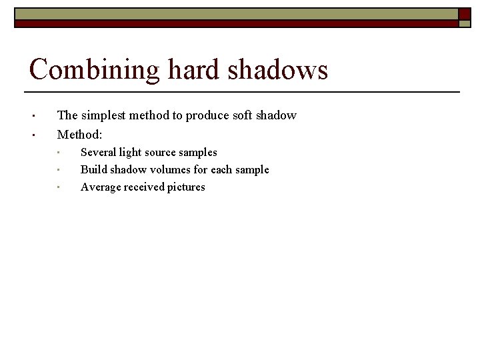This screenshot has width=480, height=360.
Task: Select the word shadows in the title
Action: point(279,69)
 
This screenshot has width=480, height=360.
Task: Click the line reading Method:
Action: point(79,134)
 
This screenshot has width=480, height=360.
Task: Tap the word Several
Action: point(98,153)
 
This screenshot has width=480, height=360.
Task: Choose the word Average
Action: point(100,187)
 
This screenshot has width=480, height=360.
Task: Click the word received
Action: point(144,187)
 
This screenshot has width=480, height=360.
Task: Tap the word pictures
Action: point(187,187)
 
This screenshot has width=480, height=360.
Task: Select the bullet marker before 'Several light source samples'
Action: point(59,153)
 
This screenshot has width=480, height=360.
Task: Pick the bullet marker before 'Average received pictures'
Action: point(59,187)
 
